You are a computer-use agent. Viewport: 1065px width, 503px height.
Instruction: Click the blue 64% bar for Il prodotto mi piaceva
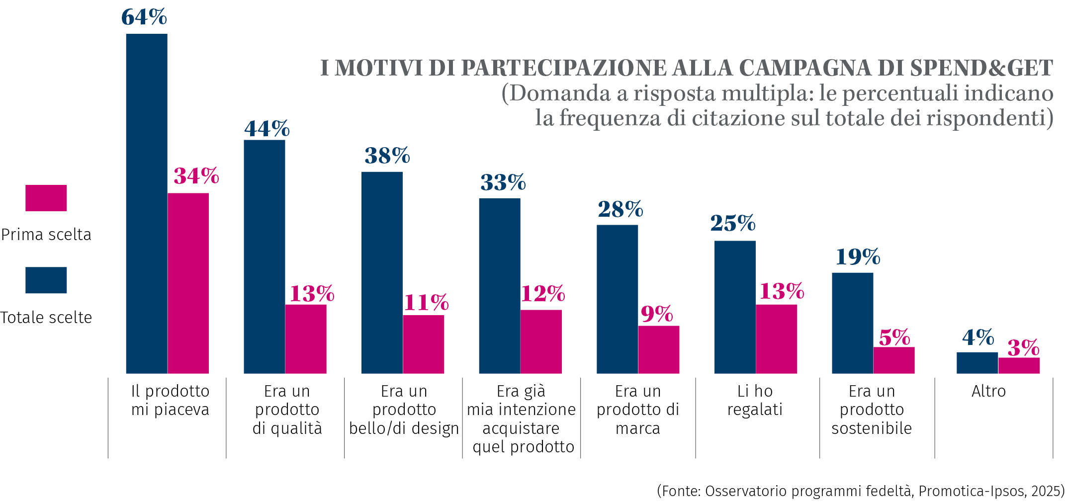(x=147, y=204)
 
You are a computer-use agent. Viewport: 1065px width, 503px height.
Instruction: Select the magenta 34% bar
(x=188, y=283)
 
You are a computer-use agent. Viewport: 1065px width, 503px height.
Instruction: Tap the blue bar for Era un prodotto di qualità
(x=264, y=256)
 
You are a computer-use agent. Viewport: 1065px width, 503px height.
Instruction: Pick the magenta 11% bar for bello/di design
(x=423, y=344)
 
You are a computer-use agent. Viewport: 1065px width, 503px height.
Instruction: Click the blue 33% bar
(x=500, y=286)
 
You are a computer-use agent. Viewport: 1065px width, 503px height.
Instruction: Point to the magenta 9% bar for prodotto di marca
(x=658, y=349)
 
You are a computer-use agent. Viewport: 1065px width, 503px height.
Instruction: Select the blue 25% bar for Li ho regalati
(x=735, y=307)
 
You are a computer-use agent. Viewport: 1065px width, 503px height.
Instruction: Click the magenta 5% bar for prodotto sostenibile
(x=893, y=360)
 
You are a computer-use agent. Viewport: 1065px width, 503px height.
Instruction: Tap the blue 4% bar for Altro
(x=977, y=363)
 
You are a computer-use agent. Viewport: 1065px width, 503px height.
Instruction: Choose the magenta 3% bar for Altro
(x=1019, y=365)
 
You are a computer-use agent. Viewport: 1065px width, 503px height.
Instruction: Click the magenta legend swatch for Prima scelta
(x=46, y=198)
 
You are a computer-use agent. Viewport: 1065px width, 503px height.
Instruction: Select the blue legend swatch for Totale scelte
(x=46, y=280)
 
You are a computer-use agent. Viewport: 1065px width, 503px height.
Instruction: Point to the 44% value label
(x=266, y=129)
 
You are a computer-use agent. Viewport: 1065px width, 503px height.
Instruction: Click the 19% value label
(x=858, y=257)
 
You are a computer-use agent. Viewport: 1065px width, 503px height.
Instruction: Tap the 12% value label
(x=542, y=294)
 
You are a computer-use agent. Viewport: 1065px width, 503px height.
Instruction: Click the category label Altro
(x=988, y=391)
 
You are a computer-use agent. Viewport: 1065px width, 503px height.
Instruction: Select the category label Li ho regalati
(x=755, y=400)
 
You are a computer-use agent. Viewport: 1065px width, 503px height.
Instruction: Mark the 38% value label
(x=387, y=156)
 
